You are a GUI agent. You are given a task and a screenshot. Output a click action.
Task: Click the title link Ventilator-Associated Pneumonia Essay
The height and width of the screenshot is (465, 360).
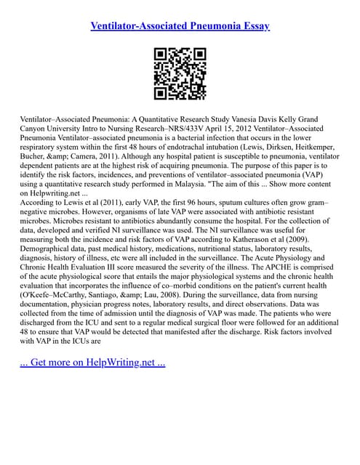(x=180, y=26)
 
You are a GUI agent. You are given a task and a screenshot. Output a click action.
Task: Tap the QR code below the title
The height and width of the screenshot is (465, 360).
(x=180, y=74)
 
